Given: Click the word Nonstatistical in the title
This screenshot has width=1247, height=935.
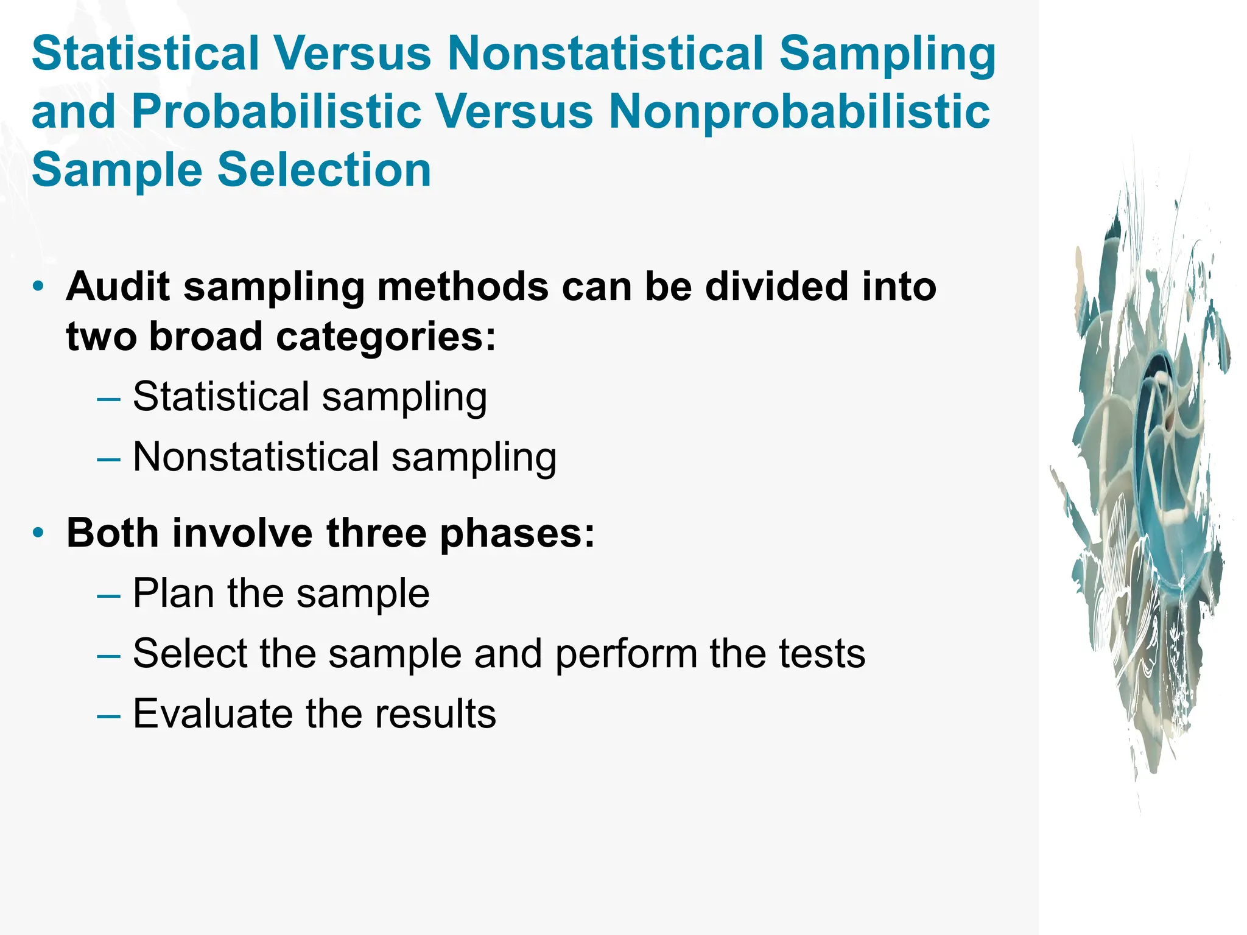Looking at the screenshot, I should point(606,54).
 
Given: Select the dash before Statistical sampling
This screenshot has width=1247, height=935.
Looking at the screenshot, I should point(108,398).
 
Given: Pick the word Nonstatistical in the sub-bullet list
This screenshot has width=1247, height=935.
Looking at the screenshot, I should point(256,457).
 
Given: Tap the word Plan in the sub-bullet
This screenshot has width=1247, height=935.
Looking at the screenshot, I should point(173,593).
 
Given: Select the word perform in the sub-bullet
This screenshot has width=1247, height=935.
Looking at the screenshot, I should point(626,654).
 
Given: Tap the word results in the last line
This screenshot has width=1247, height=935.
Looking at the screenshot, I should point(435,713).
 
